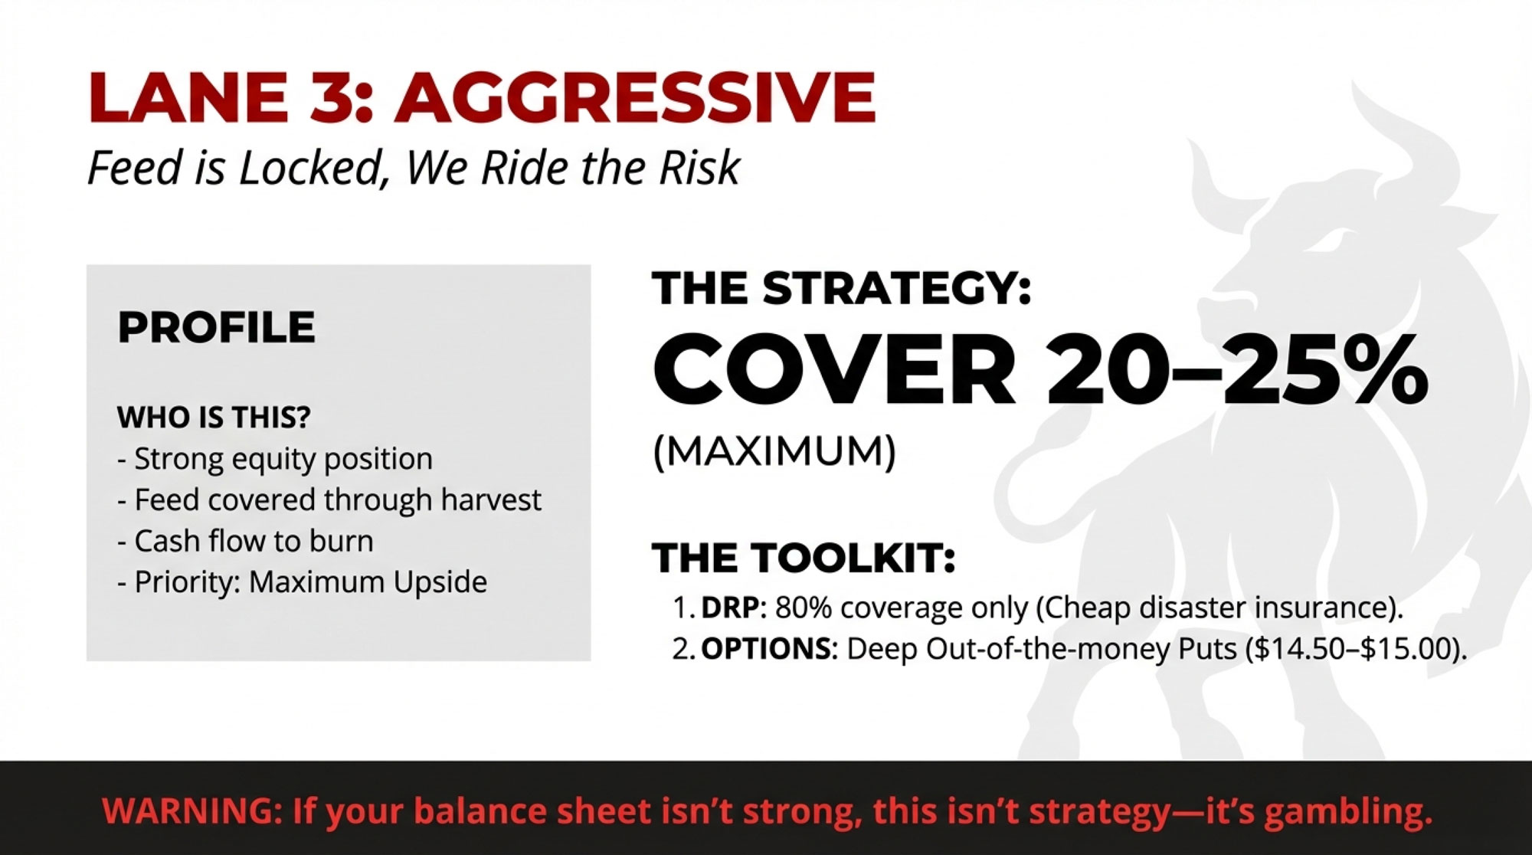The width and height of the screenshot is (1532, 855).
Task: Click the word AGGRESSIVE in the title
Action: point(635,97)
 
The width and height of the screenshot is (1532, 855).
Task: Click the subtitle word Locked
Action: point(310,168)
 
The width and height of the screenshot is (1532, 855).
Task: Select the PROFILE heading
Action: point(216,327)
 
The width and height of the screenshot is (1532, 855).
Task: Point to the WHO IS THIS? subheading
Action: point(214,418)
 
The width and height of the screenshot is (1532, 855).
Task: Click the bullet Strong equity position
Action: point(275,459)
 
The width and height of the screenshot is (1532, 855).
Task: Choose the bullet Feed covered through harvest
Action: point(329,500)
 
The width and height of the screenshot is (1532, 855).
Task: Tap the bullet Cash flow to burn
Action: point(245,541)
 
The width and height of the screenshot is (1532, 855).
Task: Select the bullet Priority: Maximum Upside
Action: point(302,582)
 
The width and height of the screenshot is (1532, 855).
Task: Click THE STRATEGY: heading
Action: point(842,288)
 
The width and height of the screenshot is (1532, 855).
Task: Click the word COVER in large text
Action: point(833,371)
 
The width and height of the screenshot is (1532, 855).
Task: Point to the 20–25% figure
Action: point(1237,371)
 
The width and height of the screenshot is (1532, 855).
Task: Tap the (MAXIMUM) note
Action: point(774,450)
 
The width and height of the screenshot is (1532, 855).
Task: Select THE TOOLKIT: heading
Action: point(804,558)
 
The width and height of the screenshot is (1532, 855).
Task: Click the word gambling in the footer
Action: point(1347,812)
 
